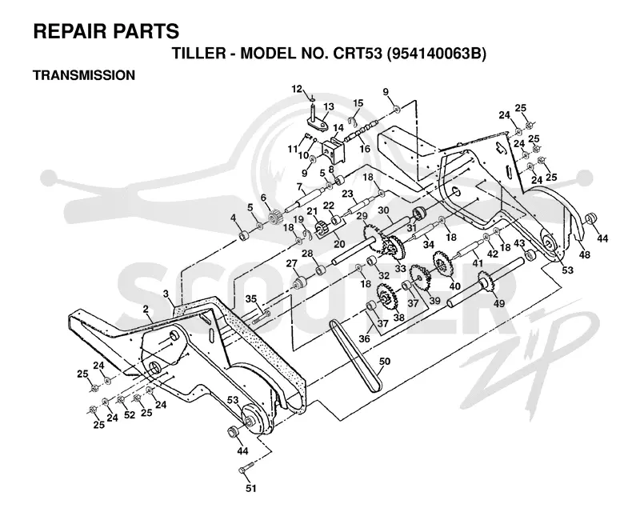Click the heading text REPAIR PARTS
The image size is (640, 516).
[106, 31]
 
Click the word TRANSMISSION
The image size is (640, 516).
[84, 75]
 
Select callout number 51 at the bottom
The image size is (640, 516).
[251, 488]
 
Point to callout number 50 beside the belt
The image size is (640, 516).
[385, 362]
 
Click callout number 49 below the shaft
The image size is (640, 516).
[498, 303]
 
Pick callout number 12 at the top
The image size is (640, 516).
[297, 89]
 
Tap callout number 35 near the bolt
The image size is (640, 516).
[251, 299]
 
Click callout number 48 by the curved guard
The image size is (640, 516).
[585, 254]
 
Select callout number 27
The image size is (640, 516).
[291, 264]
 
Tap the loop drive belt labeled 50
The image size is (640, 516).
[356, 356]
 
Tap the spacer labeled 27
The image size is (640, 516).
[302, 282]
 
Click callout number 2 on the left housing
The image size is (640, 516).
[146, 310]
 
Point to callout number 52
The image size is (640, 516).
[130, 415]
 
